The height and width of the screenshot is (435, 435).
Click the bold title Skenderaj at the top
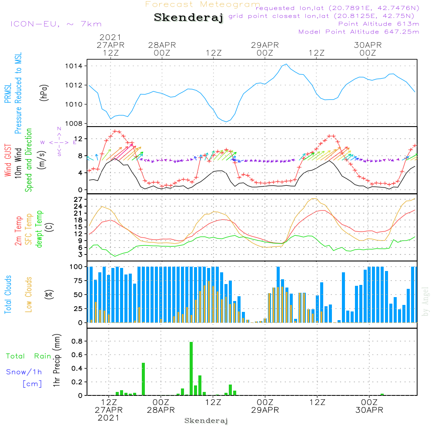click(188, 18)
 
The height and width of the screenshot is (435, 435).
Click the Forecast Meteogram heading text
click(203, 5)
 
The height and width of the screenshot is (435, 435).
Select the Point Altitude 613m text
click(378, 24)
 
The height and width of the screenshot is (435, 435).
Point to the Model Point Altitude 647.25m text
click(359, 32)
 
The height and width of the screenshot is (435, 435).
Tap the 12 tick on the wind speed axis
click(79, 139)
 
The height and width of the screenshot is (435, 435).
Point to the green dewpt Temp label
click(40, 229)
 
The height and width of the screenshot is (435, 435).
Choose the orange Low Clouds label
click(29, 294)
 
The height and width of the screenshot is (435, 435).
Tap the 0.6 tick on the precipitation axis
click(77, 355)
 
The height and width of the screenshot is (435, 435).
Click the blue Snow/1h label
click(24, 372)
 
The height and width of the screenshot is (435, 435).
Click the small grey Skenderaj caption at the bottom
click(206, 421)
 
